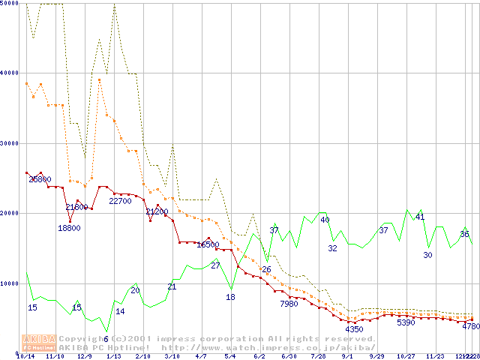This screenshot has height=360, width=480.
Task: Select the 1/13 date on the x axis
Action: click(x=113, y=356)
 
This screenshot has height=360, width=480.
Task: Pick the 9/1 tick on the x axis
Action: click(x=346, y=356)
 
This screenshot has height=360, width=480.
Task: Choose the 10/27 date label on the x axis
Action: click(x=406, y=356)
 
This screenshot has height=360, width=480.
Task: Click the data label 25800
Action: click(x=40, y=179)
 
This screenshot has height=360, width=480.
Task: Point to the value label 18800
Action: click(x=69, y=228)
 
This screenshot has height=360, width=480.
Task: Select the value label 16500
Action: click(x=208, y=244)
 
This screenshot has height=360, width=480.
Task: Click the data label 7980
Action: click(x=289, y=304)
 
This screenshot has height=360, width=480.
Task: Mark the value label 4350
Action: click(x=354, y=329)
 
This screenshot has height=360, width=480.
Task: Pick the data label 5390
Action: click(x=406, y=322)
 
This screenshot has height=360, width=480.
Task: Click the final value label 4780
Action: click(x=471, y=326)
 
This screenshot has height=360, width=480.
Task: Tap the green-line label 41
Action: click(x=420, y=217)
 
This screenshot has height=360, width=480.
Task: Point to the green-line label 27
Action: click(x=215, y=265)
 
